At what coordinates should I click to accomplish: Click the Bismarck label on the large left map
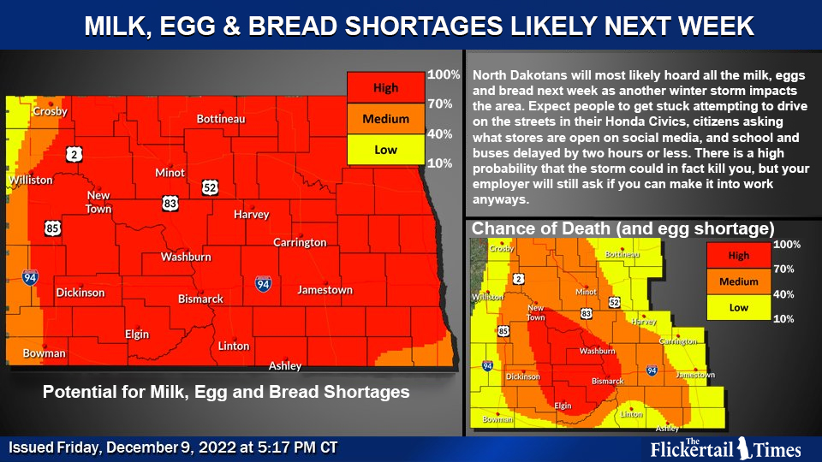pyautogui.click(x=200, y=299)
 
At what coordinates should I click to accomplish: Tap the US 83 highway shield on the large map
pyautogui.click(x=170, y=202)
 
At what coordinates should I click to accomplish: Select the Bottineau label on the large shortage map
pyautogui.click(x=221, y=119)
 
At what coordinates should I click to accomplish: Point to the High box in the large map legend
pyautogui.click(x=385, y=88)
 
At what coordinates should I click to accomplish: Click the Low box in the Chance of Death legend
pyautogui.click(x=738, y=306)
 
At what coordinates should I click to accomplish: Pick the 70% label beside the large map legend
pyautogui.click(x=439, y=104)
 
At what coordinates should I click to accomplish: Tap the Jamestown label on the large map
pyautogui.click(x=325, y=290)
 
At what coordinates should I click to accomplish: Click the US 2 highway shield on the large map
pyautogui.click(x=75, y=154)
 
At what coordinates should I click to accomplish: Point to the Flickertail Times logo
pyautogui.click(x=725, y=447)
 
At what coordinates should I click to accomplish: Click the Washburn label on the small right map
pyautogui.click(x=597, y=351)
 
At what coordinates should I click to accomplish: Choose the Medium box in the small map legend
pyautogui.click(x=738, y=281)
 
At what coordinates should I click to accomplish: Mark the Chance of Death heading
pyautogui.click(x=622, y=228)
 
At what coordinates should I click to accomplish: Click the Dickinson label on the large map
pyautogui.click(x=80, y=293)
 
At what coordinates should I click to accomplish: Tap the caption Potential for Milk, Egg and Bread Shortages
pyautogui.click(x=226, y=392)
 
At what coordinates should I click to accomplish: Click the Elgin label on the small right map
pyautogui.click(x=563, y=406)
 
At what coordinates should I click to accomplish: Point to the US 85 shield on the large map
pyautogui.click(x=52, y=228)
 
